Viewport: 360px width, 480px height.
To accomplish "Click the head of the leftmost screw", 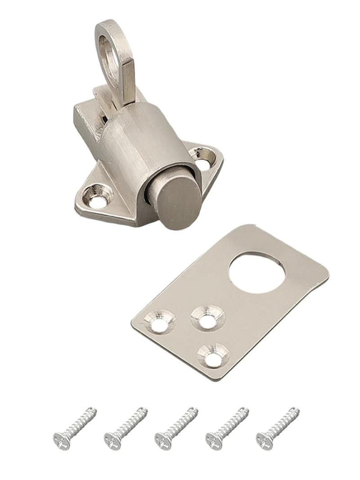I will pos(62,440).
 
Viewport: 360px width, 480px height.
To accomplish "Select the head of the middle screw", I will pos(163,440).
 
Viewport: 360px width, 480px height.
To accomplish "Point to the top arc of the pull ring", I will pos(108,23).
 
